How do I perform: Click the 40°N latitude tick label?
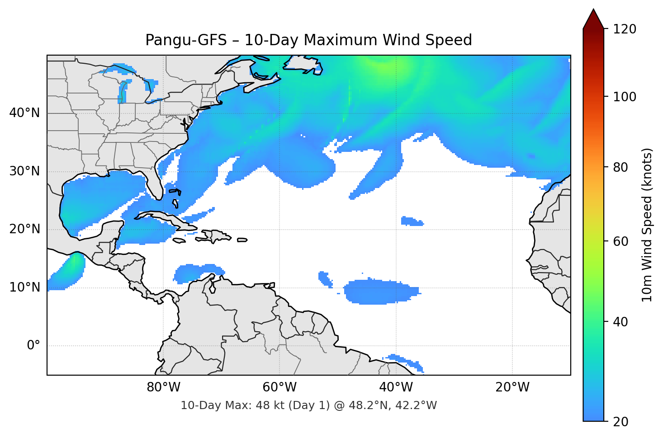(24, 113)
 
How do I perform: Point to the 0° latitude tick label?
(33, 346)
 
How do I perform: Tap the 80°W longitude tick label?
(163, 387)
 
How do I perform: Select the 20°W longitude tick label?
(512, 387)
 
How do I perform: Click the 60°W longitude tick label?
(279, 387)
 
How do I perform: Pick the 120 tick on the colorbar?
(625, 29)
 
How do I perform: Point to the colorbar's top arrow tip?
(593, 9)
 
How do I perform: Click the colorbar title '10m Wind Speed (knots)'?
(647, 225)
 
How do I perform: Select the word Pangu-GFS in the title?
(186, 40)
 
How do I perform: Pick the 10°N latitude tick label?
(24, 287)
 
